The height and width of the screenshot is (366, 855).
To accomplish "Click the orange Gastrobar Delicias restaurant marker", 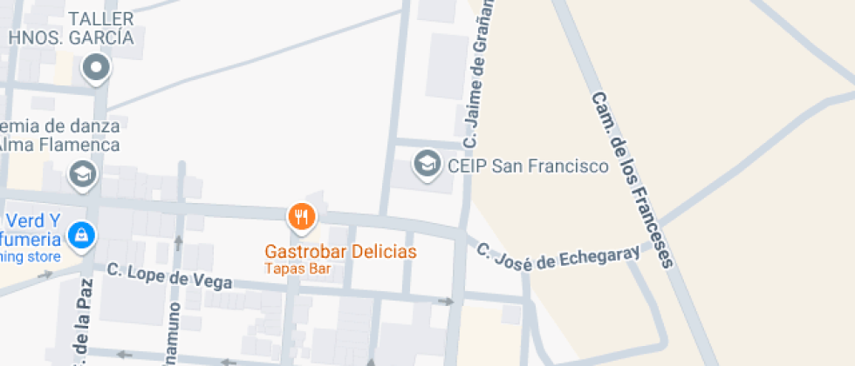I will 301,216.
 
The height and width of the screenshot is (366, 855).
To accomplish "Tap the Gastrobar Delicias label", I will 341,252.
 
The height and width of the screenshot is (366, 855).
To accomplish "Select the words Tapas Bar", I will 298,269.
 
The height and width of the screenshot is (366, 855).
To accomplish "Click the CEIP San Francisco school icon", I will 427,163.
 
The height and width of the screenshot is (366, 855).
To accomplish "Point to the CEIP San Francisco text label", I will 527,165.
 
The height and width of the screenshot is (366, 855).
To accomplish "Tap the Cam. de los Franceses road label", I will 633,179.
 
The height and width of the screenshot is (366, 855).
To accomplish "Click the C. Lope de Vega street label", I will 169,276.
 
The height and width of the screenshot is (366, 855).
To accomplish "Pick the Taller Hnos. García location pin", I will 95,67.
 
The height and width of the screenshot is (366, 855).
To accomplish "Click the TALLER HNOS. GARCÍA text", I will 72,28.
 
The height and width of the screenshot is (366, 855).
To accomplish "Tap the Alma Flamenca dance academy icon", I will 83,173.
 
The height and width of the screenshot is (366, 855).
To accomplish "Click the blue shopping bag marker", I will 81,234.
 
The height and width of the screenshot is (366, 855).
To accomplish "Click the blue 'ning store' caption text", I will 31,257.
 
